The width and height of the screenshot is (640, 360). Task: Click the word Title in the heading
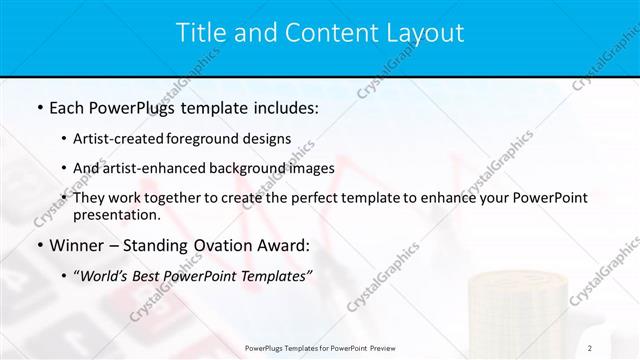(203, 33)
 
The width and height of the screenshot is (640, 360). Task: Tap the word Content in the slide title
(321, 33)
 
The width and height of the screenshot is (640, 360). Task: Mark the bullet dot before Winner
(39, 245)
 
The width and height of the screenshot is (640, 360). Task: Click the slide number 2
(591, 347)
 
